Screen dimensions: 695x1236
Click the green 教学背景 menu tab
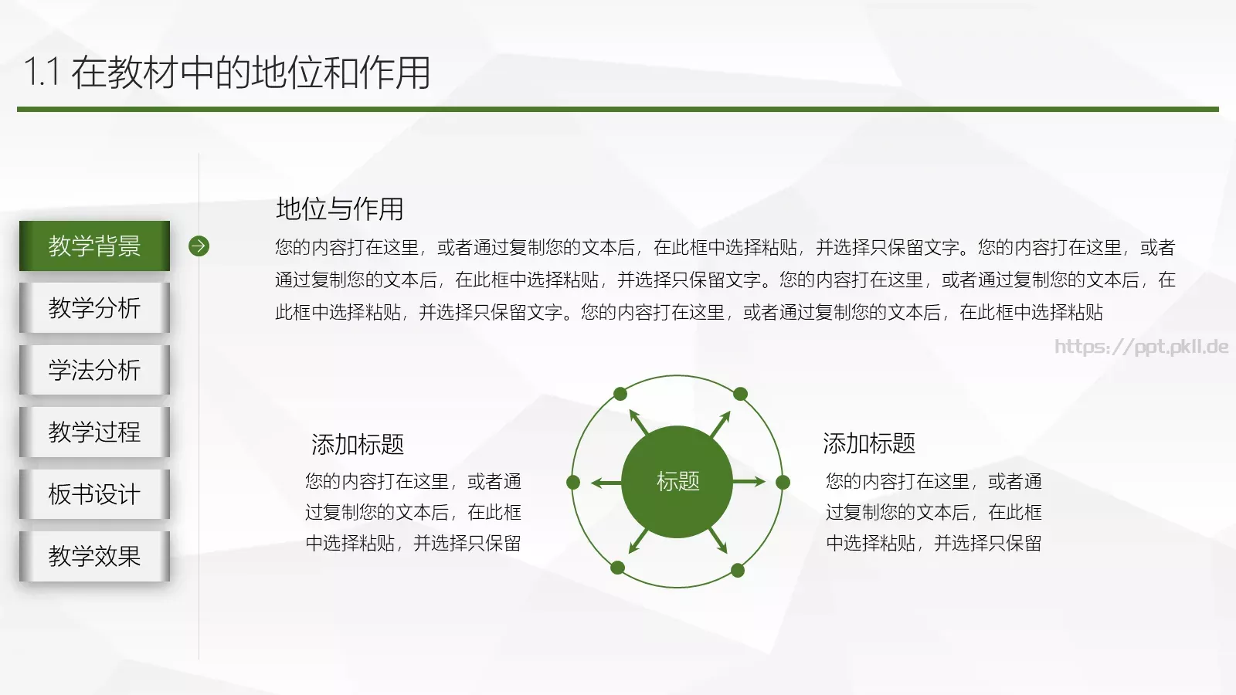(94, 246)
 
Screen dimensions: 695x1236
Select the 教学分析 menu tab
(94, 307)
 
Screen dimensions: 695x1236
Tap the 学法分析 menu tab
(94, 369)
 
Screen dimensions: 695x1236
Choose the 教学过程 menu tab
(94, 431)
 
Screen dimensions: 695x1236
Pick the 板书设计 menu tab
(94, 493)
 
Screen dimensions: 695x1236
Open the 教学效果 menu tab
(94, 555)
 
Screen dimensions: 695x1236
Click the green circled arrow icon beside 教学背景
(199, 246)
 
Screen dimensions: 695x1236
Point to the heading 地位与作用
(340, 208)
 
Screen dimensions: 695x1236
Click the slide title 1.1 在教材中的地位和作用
(227, 73)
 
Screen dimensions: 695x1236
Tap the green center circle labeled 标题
(677, 482)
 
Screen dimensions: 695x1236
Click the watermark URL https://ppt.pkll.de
(1141, 346)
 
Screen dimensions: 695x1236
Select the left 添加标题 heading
(358, 444)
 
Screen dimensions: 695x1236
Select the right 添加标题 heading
(869, 443)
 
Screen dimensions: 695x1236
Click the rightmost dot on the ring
(783, 483)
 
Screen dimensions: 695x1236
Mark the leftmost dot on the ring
(573, 483)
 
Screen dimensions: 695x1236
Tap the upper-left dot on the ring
(620, 394)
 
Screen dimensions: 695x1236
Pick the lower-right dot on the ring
(738, 571)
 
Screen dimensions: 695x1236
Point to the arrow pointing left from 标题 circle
(606, 483)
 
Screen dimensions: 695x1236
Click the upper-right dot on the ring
(740, 394)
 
